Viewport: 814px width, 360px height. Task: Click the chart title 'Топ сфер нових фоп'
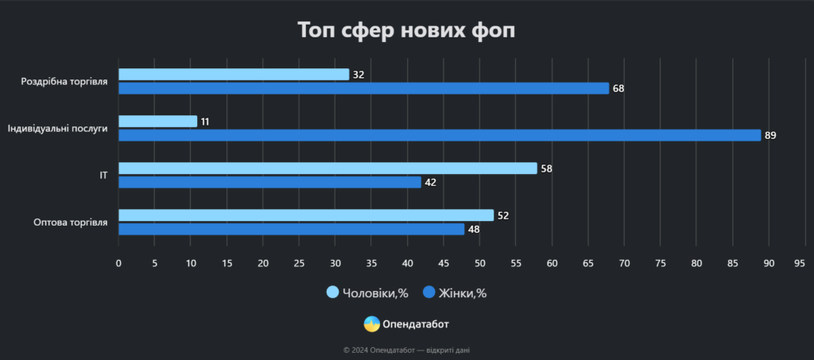tap(406, 31)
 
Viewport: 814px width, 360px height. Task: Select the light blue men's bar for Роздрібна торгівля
tap(234, 75)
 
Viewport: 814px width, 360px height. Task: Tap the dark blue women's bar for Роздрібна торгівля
tap(363, 88)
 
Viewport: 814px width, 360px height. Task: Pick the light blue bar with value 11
tap(157, 122)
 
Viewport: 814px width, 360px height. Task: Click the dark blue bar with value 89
tap(440, 135)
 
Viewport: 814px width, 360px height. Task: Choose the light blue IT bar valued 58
tap(328, 168)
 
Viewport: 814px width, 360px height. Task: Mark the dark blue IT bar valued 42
tap(269, 182)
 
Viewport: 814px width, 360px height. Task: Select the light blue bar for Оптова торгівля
tap(306, 215)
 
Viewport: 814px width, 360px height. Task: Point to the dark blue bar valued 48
tap(291, 229)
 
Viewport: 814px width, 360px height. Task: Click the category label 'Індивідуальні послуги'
tap(57, 128)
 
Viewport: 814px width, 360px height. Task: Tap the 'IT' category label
tap(103, 175)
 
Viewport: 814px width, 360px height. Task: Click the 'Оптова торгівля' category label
tap(71, 222)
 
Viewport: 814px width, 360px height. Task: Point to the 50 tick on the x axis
tap(479, 262)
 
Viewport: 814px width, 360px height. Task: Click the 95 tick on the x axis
tap(800, 262)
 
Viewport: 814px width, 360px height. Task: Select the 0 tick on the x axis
tap(118, 262)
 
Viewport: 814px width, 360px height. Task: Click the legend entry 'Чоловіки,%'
tap(367, 293)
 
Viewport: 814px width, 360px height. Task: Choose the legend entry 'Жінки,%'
tap(455, 293)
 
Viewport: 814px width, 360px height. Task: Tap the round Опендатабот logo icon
tap(371, 324)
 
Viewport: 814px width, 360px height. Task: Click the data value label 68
tap(618, 88)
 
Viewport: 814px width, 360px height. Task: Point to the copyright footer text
tap(406, 350)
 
